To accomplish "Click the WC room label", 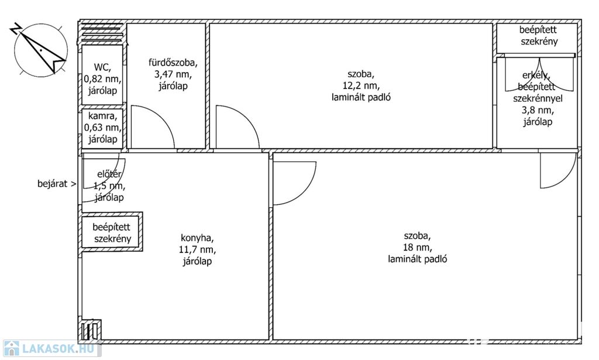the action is pyautogui.click(x=102, y=79).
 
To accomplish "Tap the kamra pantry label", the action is pyautogui.click(x=102, y=127).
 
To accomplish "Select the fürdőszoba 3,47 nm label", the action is pyautogui.click(x=173, y=74).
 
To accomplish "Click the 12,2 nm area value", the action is pyautogui.click(x=361, y=85).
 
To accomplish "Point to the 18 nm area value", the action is pyautogui.click(x=418, y=247).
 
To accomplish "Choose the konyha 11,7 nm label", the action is pyautogui.click(x=197, y=249).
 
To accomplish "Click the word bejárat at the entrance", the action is pyautogui.click(x=52, y=184).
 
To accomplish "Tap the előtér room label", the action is pyautogui.click(x=109, y=186).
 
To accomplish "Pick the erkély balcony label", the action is pyautogui.click(x=538, y=98).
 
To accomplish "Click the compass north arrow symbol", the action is pyautogui.click(x=41, y=49).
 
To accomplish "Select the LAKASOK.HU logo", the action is pyautogui.click(x=51, y=348).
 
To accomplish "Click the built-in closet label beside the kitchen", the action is pyautogui.click(x=112, y=233).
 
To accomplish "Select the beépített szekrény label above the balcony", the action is pyautogui.click(x=538, y=36).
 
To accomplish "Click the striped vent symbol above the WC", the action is pyautogui.click(x=102, y=33).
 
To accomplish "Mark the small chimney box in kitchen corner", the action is pyautogui.click(x=91, y=330).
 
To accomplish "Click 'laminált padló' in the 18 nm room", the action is pyautogui.click(x=418, y=259).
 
